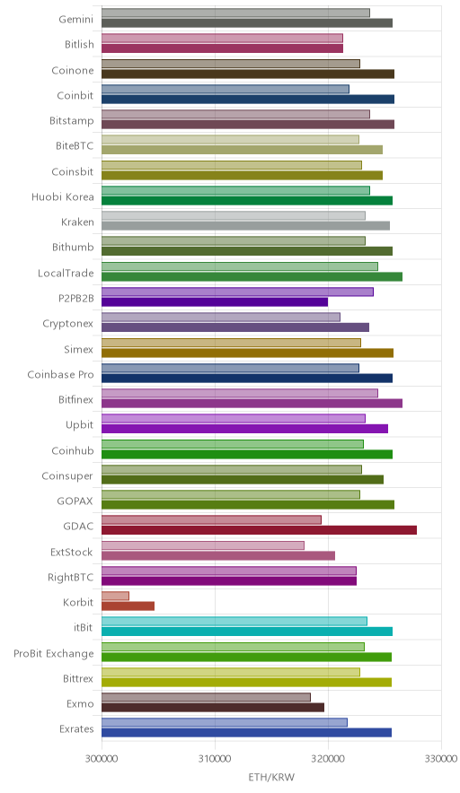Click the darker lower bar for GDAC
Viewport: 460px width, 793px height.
(x=259, y=530)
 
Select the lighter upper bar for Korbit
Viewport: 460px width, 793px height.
(x=116, y=596)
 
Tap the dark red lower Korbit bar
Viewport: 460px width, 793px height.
(x=128, y=606)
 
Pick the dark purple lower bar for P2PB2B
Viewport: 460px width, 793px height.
(x=215, y=302)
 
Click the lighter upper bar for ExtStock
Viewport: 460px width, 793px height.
(x=203, y=545)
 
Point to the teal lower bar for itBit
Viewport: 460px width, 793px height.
(x=247, y=632)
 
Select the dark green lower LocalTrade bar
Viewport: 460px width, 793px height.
(x=252, y=276)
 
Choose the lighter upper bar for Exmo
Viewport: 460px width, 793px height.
(x=206, y=697)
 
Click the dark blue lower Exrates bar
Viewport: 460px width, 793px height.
(x=247, y=733)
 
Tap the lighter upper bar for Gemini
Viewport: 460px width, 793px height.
(x=235, y=13)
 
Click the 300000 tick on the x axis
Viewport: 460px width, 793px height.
(x=102, y=759)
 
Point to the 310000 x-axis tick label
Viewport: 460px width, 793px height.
(x=215, y=759)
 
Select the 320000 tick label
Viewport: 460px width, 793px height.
(x=328, y=759)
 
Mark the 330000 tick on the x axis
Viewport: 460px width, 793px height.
(x=441, y=759)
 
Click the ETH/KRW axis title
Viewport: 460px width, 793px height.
(x=271, y=778)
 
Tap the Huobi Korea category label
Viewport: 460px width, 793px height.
(x=63, y=196)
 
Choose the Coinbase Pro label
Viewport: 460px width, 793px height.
(x=61, y=375)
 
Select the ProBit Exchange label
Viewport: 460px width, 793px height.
(x=54, y=653)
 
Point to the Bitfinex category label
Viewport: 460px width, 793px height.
(x=76, y=400)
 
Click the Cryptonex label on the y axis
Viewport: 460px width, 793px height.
(x=68, y=324)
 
